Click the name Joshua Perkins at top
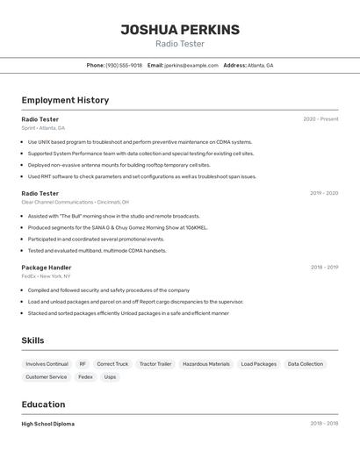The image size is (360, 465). pos(180,29)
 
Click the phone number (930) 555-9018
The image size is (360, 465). pos(124,65)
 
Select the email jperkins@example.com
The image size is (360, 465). pos(191,65)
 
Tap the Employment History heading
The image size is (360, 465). pos(65,100)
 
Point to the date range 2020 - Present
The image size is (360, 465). pos(320,119)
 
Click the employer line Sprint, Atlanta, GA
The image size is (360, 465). pos(43,128)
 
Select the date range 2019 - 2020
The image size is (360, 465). pos(324,193)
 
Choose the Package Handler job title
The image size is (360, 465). pos(47,268)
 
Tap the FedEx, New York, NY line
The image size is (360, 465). pos(47,276)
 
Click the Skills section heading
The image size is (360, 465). pos(32,340)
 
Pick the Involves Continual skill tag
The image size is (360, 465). pos(47,364)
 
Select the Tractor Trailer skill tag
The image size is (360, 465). pos(155,364)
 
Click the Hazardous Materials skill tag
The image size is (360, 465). pos(206,364)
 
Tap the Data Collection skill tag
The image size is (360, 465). pos(306,364)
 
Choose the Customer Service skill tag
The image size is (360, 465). pos(46,377)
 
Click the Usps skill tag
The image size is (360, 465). pos(110,377)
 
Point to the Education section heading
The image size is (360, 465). pos(43,404)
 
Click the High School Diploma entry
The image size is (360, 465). pos(48,424)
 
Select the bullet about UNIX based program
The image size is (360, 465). pos(140,142)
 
